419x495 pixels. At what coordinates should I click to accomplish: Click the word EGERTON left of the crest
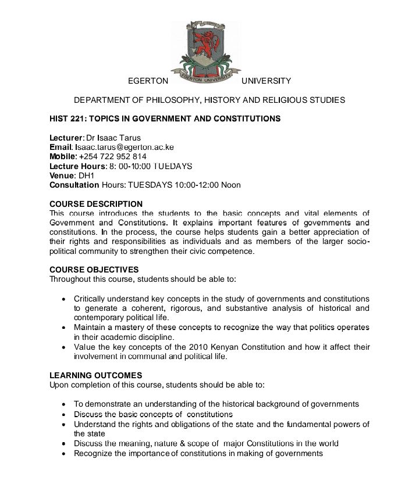[x=148, y=81]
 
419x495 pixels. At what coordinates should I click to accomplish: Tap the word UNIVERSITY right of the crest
[x=266, y=81]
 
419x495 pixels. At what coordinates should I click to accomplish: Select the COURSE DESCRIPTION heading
[x=96, y=204]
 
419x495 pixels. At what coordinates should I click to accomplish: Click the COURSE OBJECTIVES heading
[x=94, y=270]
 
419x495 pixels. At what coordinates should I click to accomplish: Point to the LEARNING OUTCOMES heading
[x=95, y=376]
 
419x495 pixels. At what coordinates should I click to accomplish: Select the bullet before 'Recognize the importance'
[x=63, y=453]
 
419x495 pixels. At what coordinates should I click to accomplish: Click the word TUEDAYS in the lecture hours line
[x=173, y=166]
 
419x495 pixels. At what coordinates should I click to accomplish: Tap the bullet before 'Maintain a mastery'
[x=63, y=328]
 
